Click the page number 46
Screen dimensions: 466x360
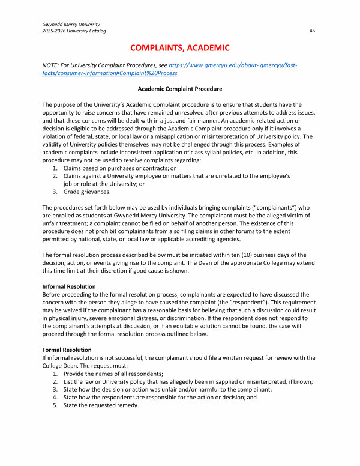[x=312, y=31]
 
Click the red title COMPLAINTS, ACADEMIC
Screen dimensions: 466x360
[x=180, y=47]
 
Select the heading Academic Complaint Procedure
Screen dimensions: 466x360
[x=179, y=89]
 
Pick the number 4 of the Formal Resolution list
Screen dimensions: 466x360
[x=54, y=397]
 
